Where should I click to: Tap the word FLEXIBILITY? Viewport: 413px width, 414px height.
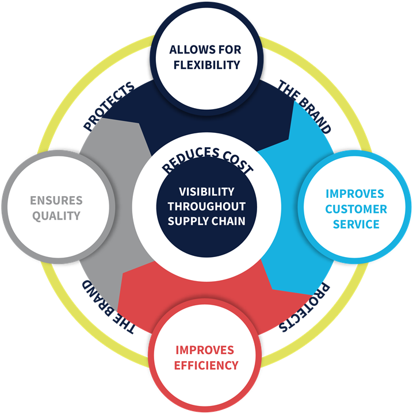(206, 64)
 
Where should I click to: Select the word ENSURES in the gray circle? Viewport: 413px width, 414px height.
(57, 201)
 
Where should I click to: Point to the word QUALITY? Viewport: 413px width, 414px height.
(57, 216)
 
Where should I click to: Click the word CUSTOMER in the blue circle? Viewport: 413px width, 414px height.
(356, 209)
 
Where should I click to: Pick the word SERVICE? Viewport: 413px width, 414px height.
(356, 224)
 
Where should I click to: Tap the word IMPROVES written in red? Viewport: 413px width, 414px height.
(205, 350)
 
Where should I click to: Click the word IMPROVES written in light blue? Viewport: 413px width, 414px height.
(356, 194)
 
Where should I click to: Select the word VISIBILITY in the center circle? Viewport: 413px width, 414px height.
(206, 191)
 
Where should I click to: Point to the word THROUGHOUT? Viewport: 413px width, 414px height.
(206, 206)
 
